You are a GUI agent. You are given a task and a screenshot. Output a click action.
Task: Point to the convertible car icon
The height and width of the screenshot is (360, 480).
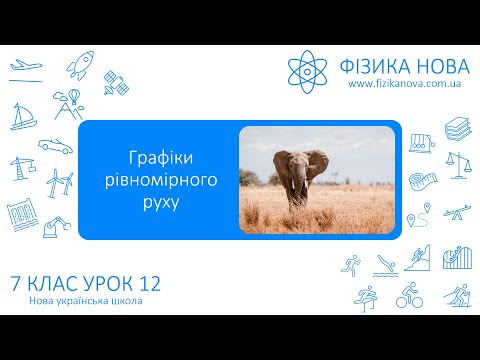(55, 144)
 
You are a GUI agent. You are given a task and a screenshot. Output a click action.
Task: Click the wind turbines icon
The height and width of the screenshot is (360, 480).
(60, 182)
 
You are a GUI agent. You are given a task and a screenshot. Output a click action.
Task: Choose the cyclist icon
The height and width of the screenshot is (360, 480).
(408, 297)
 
